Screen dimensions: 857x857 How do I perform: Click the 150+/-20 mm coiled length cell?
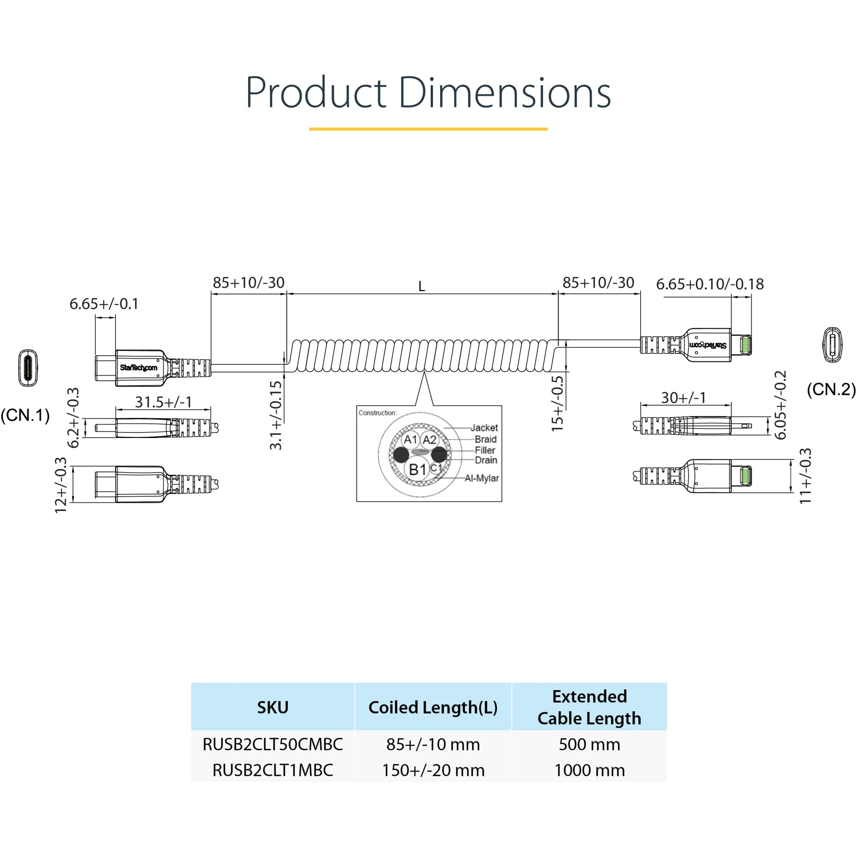(x=433, y=770)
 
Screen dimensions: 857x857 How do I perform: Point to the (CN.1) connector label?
(x=25, y=415)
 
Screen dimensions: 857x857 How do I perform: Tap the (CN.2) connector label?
(x=830, y=389)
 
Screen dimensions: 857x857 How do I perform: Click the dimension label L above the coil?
(x=421, y=287)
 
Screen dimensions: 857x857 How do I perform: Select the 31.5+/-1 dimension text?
(x=163, y=402)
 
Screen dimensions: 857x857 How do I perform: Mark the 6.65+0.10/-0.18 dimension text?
(x=710, y=284)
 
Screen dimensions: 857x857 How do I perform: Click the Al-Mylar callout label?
(x=481, y=478)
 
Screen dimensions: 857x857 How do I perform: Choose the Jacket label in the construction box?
(x=484, y=428)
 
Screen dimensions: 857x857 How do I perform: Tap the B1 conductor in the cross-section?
(x=417, y=469)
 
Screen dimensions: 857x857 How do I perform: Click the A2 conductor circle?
(x=429, y=440)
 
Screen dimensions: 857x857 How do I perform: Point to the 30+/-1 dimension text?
(x=683, y=398)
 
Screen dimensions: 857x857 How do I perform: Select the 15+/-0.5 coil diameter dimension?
(x=557, y=404)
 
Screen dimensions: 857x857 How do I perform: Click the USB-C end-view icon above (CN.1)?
(x=28, y=368)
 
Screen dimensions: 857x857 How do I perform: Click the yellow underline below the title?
(x=428, y=129)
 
